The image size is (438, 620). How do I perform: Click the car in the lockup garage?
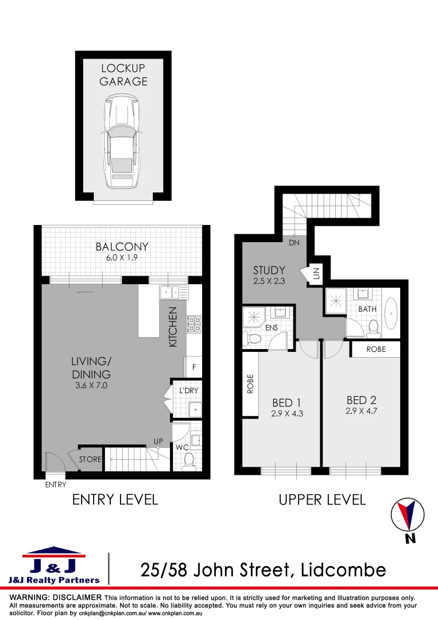(122, 141)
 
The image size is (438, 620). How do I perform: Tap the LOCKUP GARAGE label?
(123, 75)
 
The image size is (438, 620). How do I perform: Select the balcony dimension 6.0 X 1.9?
(121, 257)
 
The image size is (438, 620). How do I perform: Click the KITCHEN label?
(173, 327)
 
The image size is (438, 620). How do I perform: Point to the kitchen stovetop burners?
(194, 324)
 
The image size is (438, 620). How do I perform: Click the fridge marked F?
(193, 367)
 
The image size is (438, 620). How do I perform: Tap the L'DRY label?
(188, 390)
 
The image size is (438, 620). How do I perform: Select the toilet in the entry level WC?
(188, 460)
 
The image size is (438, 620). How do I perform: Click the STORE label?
(90, 459)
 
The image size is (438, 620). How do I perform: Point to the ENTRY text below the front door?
(56, 485)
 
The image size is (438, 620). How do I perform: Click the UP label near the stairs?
(158, 441)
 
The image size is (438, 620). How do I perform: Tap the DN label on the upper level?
(294, 242)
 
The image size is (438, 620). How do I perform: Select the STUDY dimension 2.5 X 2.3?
(269, 281)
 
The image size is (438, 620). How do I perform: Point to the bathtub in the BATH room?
(392, 313)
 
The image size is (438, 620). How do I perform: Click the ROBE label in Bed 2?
(376, 349)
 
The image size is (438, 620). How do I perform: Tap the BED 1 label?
(286, 403)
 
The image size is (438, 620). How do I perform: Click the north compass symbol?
(408, 514)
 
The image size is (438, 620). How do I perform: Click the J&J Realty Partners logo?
(54, 566)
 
